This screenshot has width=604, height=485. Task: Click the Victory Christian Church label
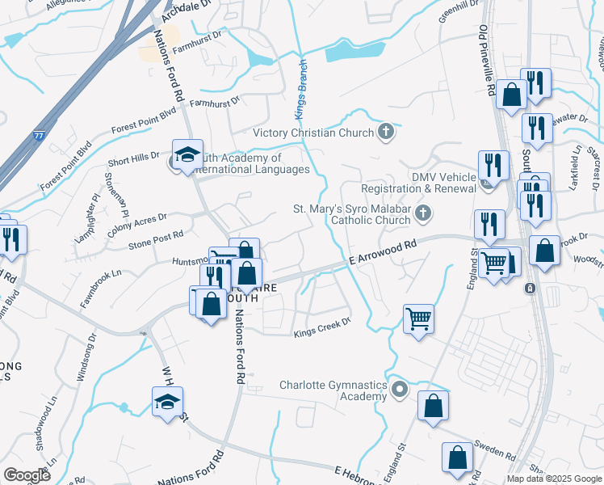tap(313, 133)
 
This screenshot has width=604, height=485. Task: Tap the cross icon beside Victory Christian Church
tap(386, 133)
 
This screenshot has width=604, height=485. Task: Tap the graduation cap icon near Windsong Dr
tap(167, 401)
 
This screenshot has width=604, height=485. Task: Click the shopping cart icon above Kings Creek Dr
tap(418, 318)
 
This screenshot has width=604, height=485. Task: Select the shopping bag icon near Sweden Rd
tap(458, 457)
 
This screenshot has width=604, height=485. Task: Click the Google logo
tap(27, 475)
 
